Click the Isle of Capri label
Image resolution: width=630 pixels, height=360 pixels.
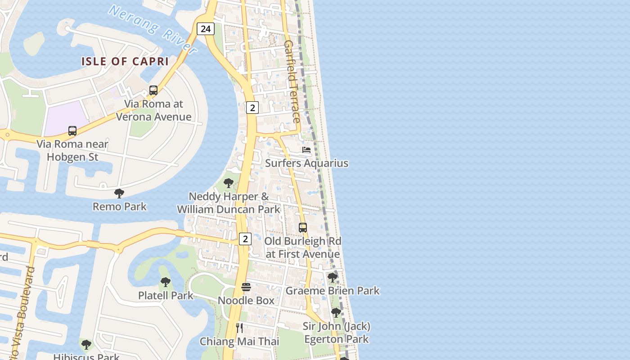click(125, 61)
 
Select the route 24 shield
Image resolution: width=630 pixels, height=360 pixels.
click(205, 29)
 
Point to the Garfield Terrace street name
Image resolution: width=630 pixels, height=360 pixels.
click(292, 81)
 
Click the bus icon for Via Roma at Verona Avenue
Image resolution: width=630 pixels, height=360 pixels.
click(153, 90)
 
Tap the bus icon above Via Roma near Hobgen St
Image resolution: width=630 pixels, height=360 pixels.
click(72, 131)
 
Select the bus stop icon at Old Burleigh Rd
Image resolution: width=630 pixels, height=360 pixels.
click(303, 228)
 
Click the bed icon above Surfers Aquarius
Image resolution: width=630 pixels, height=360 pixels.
click(306, 150)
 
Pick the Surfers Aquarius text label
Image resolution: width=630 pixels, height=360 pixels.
click(306, 163)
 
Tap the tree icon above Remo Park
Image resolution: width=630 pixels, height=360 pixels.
click(119, 193)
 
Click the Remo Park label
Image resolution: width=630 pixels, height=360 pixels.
click(120, 207)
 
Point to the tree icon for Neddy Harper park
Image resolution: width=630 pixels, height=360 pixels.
click(229, 183)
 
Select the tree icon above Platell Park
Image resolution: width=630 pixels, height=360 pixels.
click(166, 282)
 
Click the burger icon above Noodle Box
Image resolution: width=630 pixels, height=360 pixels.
click(246, 287)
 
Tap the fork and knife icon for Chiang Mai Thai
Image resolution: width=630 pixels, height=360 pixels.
click(239, 328)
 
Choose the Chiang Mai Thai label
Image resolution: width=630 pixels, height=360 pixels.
click(239, 341)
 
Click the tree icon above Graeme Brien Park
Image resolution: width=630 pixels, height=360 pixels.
click(333, 278)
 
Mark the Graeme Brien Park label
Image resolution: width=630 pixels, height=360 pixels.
click(333, 291)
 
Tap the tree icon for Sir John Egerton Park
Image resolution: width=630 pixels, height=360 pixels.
click(336, 313)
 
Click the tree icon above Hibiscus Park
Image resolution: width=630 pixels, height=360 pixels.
click(86, 345)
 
